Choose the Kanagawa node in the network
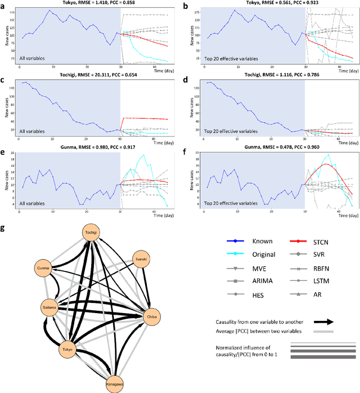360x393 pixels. coord(112,385)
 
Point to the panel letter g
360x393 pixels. coord(4,230)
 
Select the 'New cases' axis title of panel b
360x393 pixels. coord(196,37)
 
